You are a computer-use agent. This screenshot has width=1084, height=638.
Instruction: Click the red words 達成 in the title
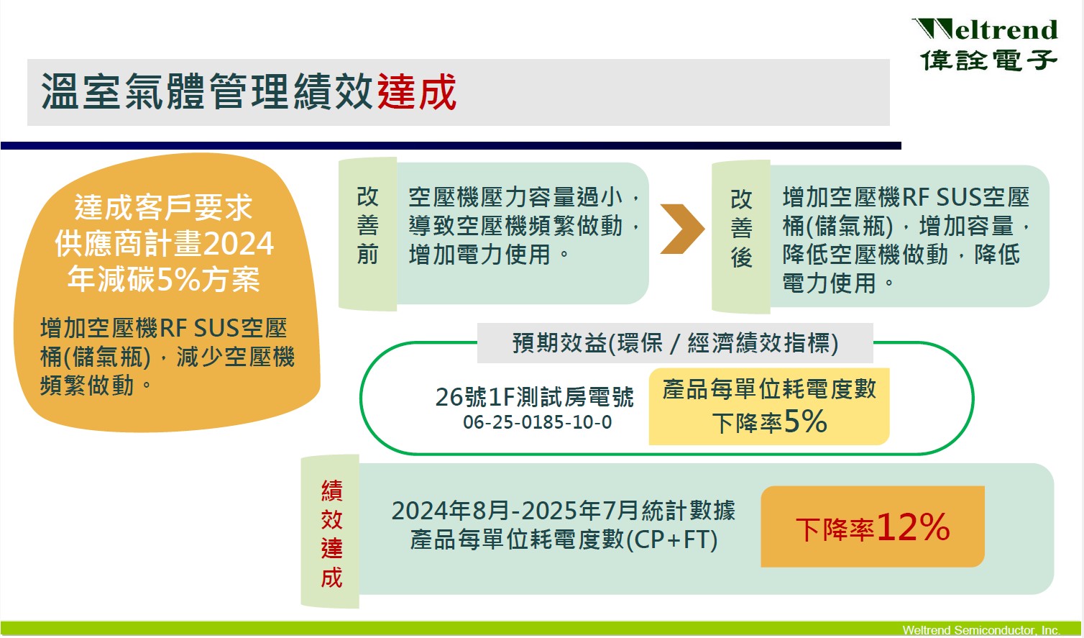417,91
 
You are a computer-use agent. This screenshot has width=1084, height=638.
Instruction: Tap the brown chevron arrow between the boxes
682,229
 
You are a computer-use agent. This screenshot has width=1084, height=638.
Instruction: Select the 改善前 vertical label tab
367,233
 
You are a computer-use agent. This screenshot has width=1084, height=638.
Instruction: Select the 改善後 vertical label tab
741,236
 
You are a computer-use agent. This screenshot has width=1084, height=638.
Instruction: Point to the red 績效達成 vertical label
331,534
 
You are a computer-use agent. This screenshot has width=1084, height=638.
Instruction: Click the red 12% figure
913,527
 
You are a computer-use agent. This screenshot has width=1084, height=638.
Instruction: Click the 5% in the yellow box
805,421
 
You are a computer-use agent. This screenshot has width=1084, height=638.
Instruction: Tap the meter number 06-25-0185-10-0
537,422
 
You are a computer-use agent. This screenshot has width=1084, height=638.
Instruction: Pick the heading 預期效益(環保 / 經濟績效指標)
675,343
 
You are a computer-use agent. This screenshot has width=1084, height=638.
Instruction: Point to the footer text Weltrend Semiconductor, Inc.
981,630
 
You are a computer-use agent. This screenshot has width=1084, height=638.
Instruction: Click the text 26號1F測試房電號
534,397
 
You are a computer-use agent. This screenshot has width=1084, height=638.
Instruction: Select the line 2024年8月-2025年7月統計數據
564,510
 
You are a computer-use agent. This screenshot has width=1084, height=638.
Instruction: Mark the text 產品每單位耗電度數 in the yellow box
769,388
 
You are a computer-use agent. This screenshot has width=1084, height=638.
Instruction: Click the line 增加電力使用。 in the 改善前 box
490,255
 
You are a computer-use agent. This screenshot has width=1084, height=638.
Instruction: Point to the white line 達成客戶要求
164,208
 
